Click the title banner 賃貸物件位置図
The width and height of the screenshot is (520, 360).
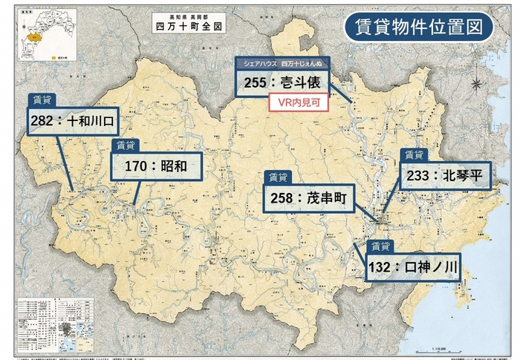pos(418,27)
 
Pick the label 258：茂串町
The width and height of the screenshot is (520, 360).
pos(309,199)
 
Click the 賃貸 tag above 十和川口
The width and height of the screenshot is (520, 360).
pos(42,99)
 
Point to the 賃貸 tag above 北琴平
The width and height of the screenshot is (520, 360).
pos(413,154)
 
